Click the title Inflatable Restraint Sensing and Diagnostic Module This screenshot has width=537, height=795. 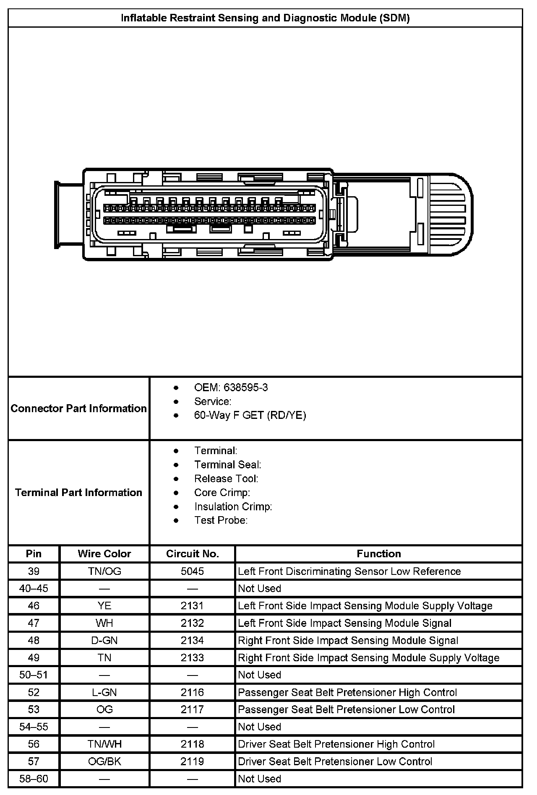[265, 18]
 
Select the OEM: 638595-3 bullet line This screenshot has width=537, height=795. [231, 387]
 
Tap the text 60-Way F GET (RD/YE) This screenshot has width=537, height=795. [250, 415]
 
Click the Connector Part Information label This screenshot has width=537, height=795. [79, 408]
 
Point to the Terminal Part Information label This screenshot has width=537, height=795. [79, 492]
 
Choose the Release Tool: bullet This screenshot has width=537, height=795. [226, 478]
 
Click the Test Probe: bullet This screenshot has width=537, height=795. [221, 520]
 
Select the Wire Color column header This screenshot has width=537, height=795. [104, 553]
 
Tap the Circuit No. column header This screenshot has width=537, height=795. [193, 553]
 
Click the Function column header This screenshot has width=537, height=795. [379, 553]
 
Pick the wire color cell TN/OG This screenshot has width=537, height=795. [104, 571]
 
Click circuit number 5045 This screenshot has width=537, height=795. [193, 571]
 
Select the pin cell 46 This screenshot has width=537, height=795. [34, 606]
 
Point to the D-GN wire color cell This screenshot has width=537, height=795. [104, 640]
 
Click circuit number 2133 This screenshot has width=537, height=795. [193, 657]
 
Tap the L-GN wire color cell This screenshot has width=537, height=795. [104, 692]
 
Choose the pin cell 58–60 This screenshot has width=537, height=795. [34, 779]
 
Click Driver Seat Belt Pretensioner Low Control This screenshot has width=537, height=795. [335, 761]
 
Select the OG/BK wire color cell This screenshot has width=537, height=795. [104, 761]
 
